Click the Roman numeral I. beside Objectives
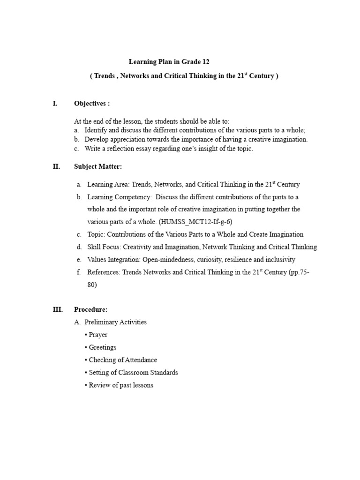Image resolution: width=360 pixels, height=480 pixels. (x=55, y=103)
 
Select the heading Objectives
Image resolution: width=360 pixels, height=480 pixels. (x=92, y=103)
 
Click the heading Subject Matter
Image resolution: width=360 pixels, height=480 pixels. (x=98, y=166)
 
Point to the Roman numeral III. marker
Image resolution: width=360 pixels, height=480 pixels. (x=57, y=309)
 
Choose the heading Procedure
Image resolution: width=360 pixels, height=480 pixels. (x=90, y=309)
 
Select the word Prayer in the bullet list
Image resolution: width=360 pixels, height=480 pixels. (x=98, y=335)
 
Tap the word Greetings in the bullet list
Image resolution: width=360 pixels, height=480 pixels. (x=103, y=347)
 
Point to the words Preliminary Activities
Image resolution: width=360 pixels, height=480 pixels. (x=115, y=322)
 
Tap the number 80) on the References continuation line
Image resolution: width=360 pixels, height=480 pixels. (x=92, y=285)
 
